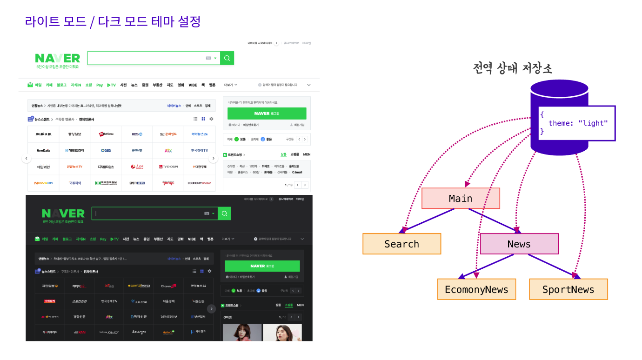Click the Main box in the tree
pyautogui.click(x=461, y=199)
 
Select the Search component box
pyautogui.click(x=401, y=244)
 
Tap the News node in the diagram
pyautogui.click(x=519, y=244)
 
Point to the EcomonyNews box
pyautogui.click(x=476, y=289)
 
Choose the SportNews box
pyautogui.click(x=568, y=289)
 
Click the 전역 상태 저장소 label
pyautogui.click(x=512, y=69)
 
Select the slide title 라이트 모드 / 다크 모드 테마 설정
pyautogui.click(x=113, y=21)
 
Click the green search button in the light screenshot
pyautogui.click(x=227, y=58)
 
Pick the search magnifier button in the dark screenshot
pyautogui.click(x=224, y=213)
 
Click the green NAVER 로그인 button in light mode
pyautogui.click(x=267, y=113)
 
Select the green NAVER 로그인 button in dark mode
pyautogui.click(x=262, y=266)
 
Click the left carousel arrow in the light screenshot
pyautogui.click(x=27, y=159)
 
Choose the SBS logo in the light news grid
pyautogui.click(x=106, y=150)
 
